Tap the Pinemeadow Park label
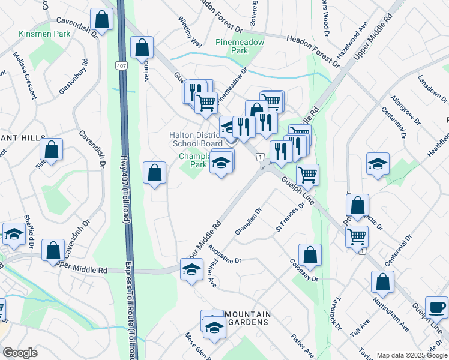(232, 47)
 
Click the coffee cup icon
(436, 307)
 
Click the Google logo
(20, 353)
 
